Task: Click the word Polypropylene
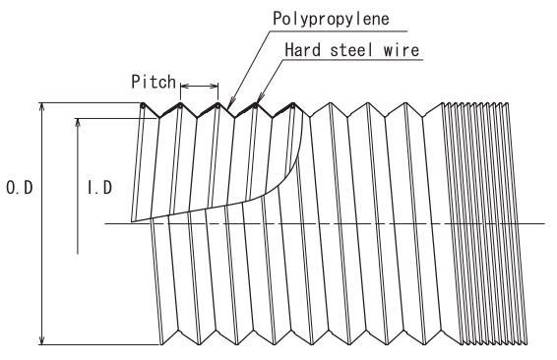pyautogui.click(x=331, y=19)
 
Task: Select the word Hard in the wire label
pyautogui.click(x=297, y=50)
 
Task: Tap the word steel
pyautogui.click(x=351, y=50)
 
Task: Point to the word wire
pyautogui.click(x=402, y=50)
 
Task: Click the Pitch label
pyautogui.click(x=154, y=82)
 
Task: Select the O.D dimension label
pyautogui.click(x=20, y=187)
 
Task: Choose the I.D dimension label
pyautogui.click(x=99, y=187)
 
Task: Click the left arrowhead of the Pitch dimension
pyautogui.click(x=185, y=86)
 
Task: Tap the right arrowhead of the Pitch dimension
pyautogui.click(x=214, y=86)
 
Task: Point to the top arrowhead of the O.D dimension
pyautogui.click(x=42, y=107)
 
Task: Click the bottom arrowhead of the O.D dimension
pyautogui.click(x=42, y=340)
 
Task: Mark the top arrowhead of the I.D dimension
pyautogui.click(x=78, y=123)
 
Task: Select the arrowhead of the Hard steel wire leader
pyautogui.click(x=261, y=97)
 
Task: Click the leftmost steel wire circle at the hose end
pyautogui.click(x=143, y=105)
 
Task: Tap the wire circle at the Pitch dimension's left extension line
pyautogui.click(x=180, y=105)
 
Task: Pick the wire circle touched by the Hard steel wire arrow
pyautogui.click(x=256, y=105)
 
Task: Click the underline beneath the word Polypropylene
pyautogui.click(x=339, y=31)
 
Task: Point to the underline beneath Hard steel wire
pyautogui.click(x=352, y=60)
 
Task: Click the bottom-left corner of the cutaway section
pyautogui.click(x=132, y=222)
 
